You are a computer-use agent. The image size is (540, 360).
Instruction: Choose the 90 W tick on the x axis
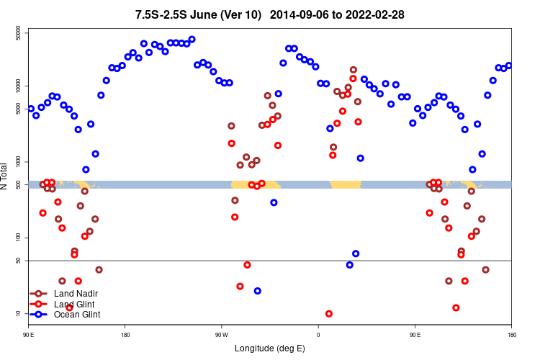pos(221,335)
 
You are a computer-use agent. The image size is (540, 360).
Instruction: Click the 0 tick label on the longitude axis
pos(318,335)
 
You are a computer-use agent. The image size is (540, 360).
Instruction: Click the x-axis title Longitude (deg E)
pos(270,348)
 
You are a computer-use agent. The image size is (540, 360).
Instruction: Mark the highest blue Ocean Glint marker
pos(192,40)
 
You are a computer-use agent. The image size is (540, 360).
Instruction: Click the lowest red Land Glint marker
pos(329,314)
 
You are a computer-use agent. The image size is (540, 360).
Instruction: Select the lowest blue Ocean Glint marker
pos(257,291)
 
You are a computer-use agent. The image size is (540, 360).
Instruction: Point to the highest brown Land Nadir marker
pos(354,70)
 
